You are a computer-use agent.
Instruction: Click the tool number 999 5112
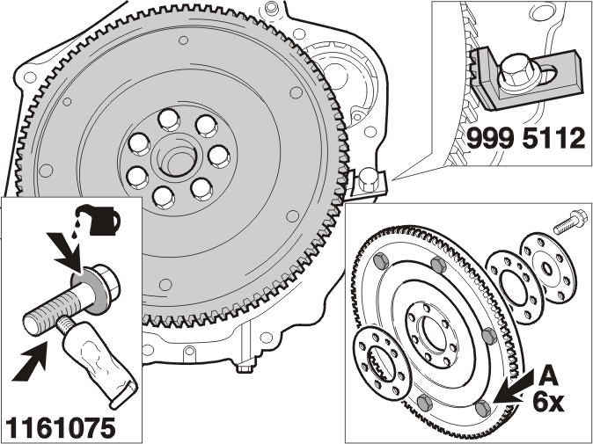(x=525, y=139)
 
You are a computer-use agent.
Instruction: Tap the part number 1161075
(x=61, y=428)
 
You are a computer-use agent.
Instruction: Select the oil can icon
(x=100, y=221)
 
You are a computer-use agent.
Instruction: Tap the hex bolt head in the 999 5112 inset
(x=516, y=74)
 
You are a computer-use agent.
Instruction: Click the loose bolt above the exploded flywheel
(x=570, y=222)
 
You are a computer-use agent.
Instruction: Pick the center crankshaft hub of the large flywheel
(x=175, y=156)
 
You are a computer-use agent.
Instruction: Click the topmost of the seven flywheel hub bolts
(x=169, y=120)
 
